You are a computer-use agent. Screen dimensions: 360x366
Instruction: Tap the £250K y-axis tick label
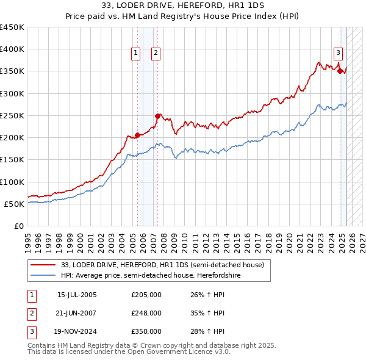12,115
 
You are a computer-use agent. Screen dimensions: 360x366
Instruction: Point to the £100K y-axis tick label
12,182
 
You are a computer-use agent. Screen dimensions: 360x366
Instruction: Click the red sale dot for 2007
158,116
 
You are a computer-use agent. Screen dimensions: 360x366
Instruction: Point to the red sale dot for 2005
137,135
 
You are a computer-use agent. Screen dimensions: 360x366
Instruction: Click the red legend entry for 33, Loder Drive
162,265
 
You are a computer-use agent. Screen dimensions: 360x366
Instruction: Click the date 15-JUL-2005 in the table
77,295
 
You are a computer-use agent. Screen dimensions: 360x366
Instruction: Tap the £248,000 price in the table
146,313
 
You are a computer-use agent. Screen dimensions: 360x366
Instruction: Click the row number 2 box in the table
31,313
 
